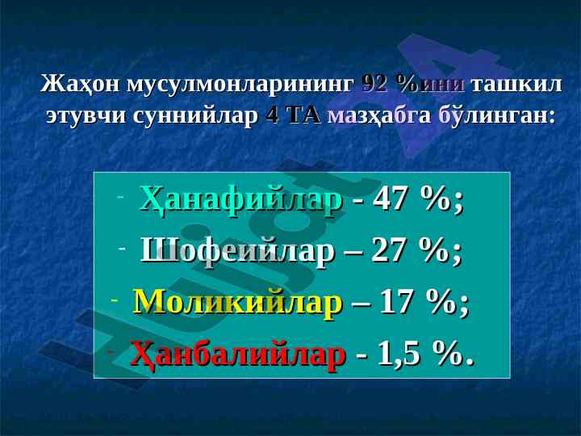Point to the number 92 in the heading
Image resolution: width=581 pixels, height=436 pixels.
pos(374,84)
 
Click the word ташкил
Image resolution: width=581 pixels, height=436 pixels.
pos(516,85)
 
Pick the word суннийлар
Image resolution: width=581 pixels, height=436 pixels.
pos(195,115)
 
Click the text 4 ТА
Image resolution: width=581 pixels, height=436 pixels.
pos(293,115)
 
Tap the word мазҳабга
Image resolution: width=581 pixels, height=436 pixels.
pos(379,115)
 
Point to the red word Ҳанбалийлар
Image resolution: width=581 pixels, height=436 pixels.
pos(238,354)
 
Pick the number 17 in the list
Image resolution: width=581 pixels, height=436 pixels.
pos(394,301)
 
